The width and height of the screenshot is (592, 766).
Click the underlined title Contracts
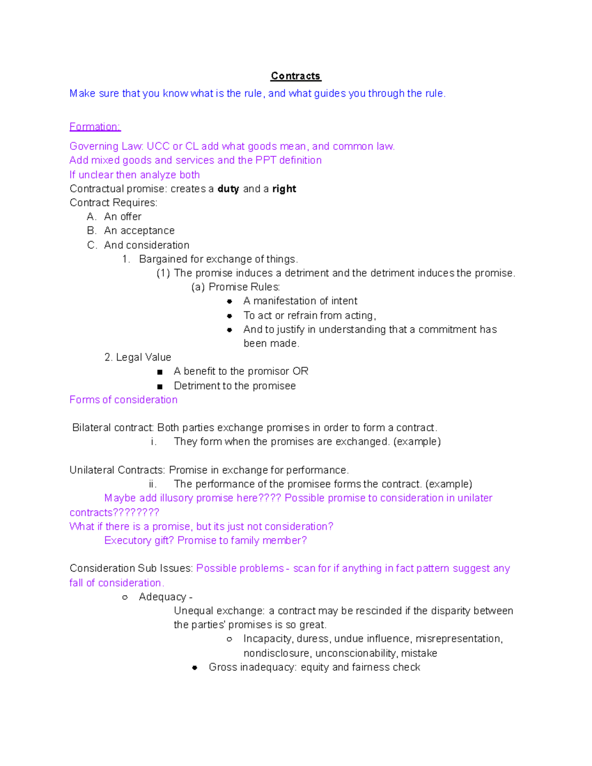[296, 76]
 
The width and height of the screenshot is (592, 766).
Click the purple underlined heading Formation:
[95, 127]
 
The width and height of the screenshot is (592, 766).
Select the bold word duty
[228, 189]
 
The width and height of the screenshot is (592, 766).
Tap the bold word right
[284, 189]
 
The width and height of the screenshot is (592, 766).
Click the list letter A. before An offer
[91, 217]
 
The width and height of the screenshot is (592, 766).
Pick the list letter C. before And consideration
[92, 245]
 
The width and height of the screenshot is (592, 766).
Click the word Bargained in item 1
[162, 259]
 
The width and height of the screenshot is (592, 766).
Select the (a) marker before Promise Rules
[198, 287]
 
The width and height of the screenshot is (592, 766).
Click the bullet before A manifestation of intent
[229, 301]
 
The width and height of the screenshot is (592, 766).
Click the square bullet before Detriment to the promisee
[159, 386]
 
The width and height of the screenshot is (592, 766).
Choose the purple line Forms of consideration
[123, 400]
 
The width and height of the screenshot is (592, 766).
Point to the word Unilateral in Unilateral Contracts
[92, 470]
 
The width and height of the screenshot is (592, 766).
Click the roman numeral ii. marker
[152, 484]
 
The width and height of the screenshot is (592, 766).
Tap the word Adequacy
[162, 597]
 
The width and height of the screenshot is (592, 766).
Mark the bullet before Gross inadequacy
[195, 668]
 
